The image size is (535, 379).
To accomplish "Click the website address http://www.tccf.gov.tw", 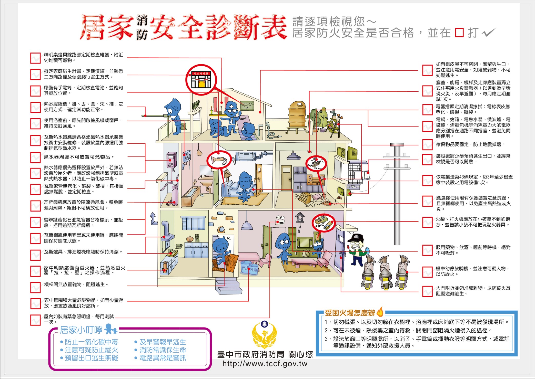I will tap(265, 364).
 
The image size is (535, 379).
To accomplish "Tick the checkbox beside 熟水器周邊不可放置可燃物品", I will tap(35, 157).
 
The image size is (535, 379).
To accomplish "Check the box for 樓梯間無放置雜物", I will tap(35, 287).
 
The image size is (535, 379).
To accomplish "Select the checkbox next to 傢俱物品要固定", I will tap(427, 145).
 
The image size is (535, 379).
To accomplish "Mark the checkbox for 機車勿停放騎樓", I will tap(427, 272).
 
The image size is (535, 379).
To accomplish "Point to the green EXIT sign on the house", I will tap(196, 105).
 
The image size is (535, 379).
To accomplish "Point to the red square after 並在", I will tap(459, 33).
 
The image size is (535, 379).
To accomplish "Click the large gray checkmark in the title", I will tap(489, 33).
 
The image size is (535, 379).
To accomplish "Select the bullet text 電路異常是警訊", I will tap(163, 358).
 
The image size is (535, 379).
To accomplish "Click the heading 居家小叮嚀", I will tap(81, 330).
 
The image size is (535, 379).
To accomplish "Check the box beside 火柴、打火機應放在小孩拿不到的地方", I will tap(427, 222).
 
